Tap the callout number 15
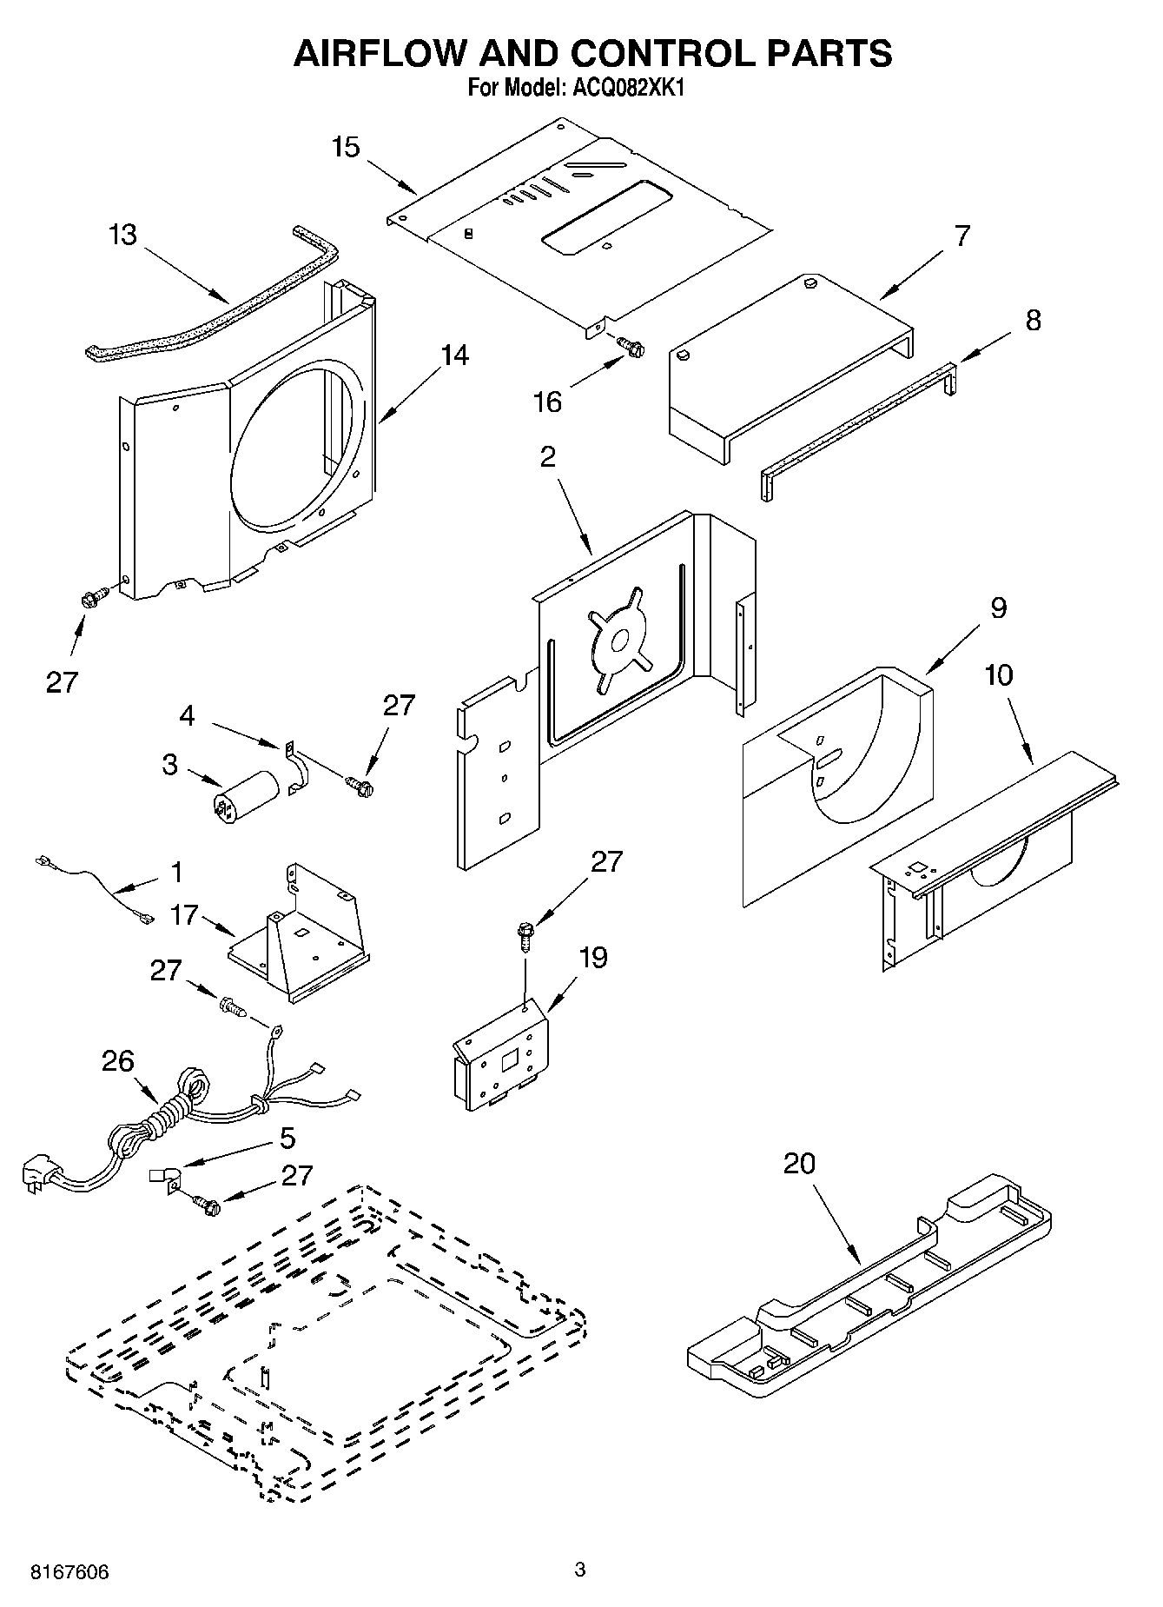pos(345,147)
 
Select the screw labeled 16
pos(631,347)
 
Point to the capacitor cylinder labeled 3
pos(247,795)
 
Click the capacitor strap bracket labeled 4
pos(294,768)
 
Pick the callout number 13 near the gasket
pos(122,235)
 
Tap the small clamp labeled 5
pos(165,1178)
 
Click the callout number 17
pos(185,915)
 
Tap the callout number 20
pos(799,1163)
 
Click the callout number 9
pos(998,608)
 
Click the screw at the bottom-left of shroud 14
pos(93,597)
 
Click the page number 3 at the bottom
pos(580,1569)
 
